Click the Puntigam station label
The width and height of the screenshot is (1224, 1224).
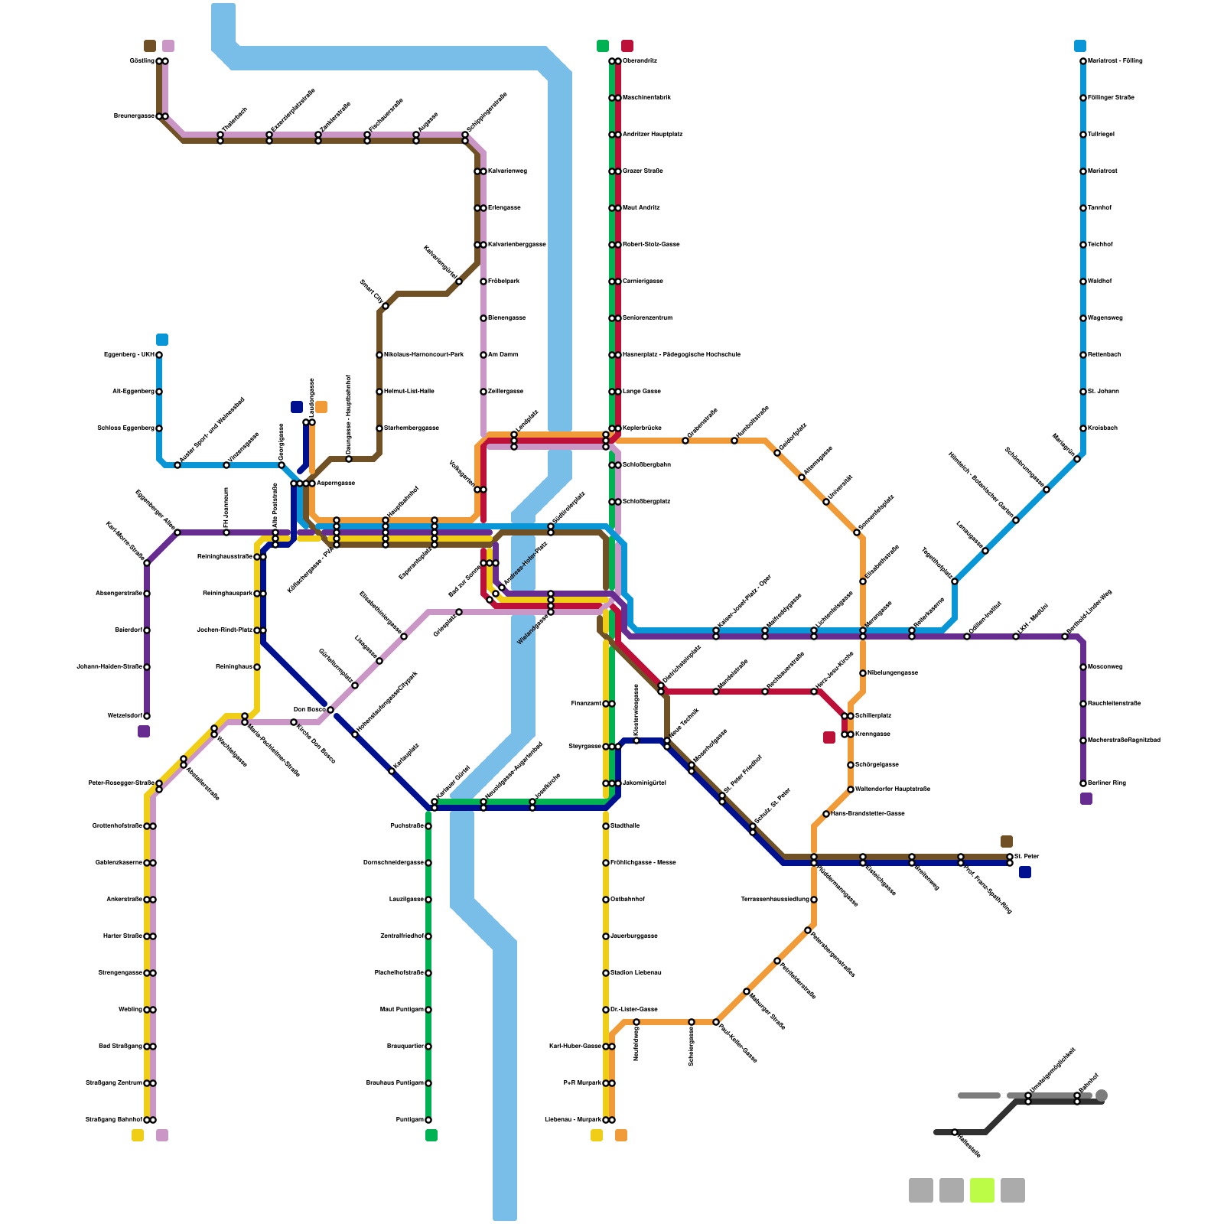click(409, 1120)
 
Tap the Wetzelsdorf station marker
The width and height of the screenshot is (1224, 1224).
click(147, 716)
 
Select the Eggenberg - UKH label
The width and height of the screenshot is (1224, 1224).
click(129, 355)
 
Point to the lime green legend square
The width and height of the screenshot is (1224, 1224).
click(981, 1190)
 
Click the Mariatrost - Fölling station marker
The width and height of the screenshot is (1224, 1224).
click(1083, 61)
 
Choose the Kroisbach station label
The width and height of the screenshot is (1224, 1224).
click(1102, 428)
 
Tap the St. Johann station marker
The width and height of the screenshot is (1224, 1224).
click(1083, 392)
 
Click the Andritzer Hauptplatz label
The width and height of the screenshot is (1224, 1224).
click(652, 135)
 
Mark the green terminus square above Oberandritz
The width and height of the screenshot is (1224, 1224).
click(603, 46)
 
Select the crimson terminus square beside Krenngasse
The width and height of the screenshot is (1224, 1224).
click(829, 737)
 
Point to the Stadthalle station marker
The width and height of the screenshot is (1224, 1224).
click(606, 826)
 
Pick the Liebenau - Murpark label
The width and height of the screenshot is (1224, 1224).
click(572, 1120)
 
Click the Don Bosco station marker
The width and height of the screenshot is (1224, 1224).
click(330, 710)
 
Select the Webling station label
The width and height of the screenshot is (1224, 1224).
click(130, 1010)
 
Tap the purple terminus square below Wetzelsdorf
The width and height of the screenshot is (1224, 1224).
click(144, 731)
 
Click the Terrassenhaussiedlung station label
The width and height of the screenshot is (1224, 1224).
click(774, 900)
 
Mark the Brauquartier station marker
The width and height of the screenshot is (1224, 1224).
click(428, 1047)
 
